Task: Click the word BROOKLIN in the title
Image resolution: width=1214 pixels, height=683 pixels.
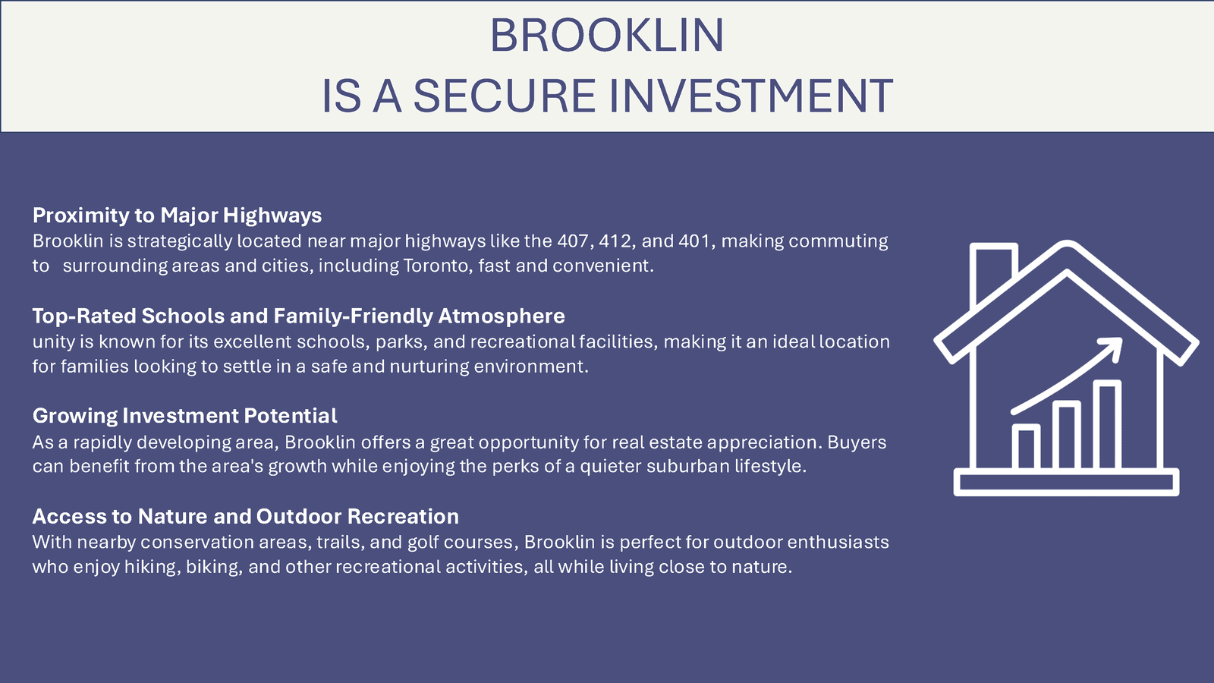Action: click(x=607, y=35)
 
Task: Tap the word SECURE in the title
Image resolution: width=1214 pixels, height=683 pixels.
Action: click(x=505, y=96)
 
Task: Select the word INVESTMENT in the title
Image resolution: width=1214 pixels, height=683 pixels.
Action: click(x=751, y=96)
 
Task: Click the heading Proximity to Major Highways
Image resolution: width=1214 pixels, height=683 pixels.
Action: click(x=178, y=216)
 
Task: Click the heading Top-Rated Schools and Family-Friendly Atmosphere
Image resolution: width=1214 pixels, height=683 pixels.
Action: click(x=299, y=316)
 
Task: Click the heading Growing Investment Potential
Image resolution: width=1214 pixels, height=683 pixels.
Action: click(x=185, y=416)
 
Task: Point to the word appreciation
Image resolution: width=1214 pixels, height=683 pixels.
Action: click(x=764, y=443)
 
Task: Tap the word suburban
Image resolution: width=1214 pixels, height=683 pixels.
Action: click(x=688, y=466)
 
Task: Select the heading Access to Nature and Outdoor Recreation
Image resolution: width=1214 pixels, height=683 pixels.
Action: click(x=246, y=517)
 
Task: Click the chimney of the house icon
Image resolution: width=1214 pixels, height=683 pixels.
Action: click(x=992, y=271)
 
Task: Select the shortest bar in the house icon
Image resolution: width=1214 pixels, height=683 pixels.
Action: click(x=1026, y=446)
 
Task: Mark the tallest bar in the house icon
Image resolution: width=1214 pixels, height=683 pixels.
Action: click(x=1107, y=424)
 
